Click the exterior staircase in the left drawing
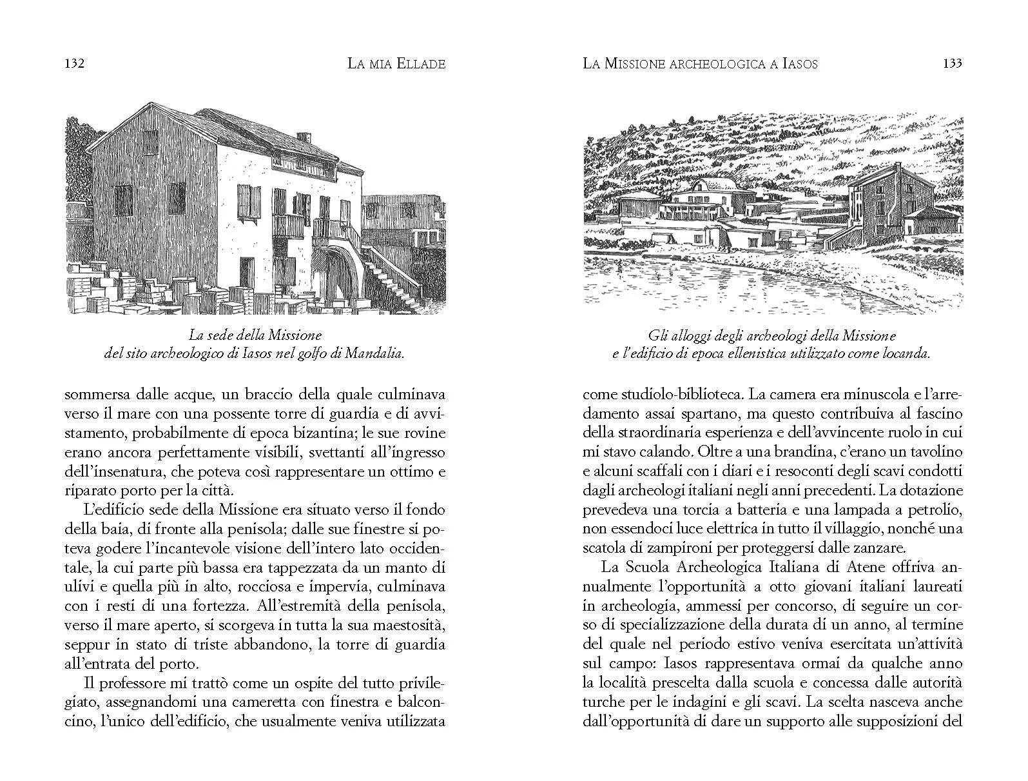coord(391,271)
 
